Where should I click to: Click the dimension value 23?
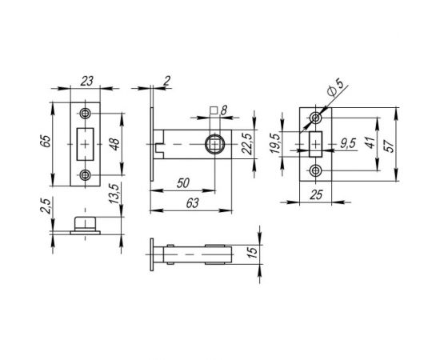(86, 80)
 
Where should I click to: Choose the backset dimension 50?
(182, 182)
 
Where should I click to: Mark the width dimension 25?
(318, 194)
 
